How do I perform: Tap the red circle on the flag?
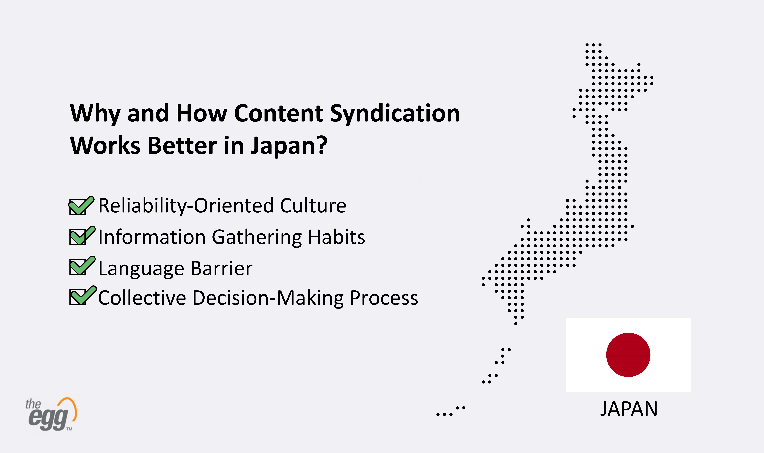(628, 355)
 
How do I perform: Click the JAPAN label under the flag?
(629, 409)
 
